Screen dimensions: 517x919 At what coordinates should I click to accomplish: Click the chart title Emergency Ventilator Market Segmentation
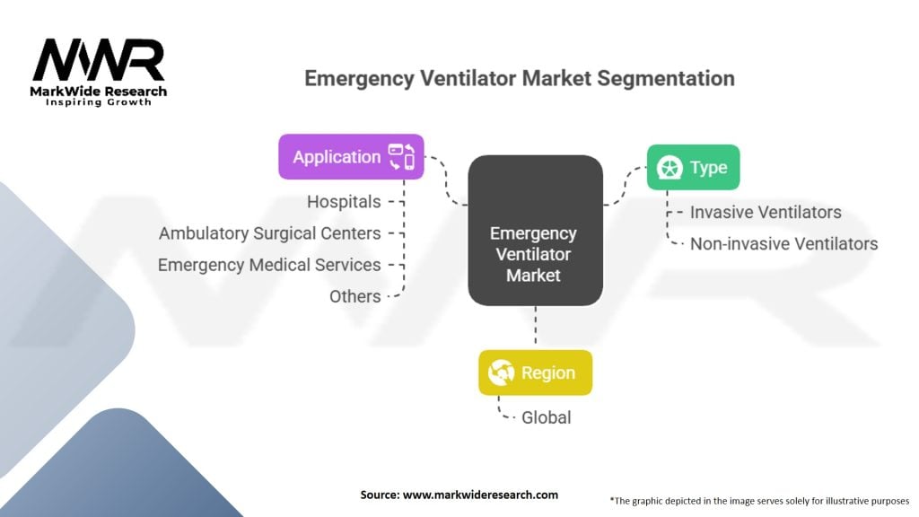pos(519,78)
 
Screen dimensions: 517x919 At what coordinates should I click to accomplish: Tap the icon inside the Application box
pos(401,156)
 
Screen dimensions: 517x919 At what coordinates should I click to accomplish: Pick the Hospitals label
pos(344,202)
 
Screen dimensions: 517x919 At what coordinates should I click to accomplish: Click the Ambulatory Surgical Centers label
pos(270,233)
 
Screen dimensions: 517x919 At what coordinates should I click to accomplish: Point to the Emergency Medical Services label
pos(269,265)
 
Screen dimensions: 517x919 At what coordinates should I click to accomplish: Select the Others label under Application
pos(355,296)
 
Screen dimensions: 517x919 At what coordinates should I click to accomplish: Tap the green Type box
pos(694,167)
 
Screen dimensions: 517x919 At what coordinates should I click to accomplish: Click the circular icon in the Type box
pos(669,168)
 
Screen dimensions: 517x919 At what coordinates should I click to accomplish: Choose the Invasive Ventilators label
pos(766,213)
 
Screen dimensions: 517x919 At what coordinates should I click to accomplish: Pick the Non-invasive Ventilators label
pos(783,243)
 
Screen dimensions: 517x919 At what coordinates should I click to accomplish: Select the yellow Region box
pos(535,372)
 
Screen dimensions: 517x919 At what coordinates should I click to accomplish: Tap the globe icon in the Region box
pos(500,372)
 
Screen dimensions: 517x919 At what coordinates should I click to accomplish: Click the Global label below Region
pos(546,417)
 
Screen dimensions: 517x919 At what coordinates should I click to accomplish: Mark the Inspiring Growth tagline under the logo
pos(99,102)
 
